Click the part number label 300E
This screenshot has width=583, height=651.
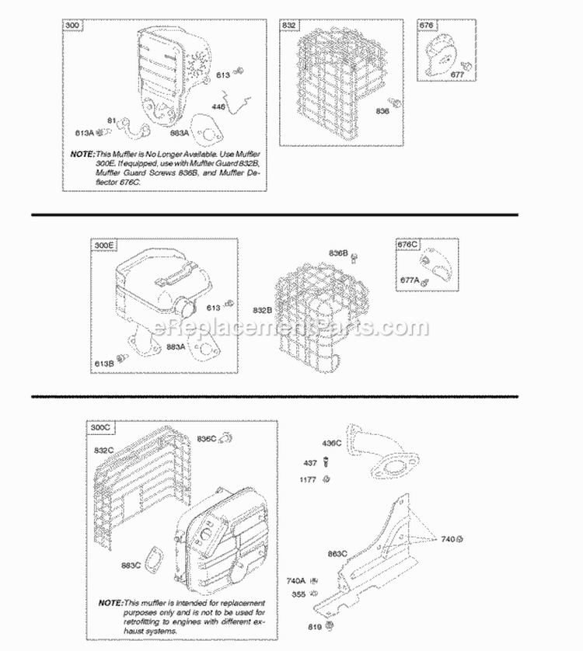tap(105, 246)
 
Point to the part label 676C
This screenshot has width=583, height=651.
tap(408, 245)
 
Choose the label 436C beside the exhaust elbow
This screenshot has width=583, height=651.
tap(332, 443)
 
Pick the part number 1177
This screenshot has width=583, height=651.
tap(308, 479)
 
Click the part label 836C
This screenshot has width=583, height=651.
tap(207, 438)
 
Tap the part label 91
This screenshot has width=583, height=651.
tap(110, 120)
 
